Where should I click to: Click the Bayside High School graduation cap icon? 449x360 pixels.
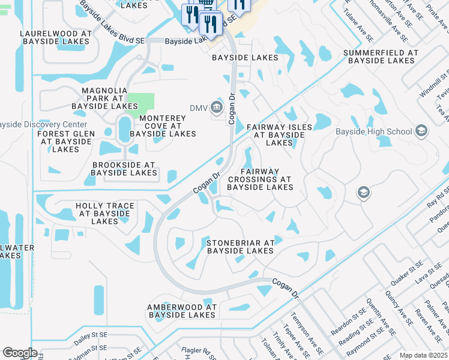click(421, 131)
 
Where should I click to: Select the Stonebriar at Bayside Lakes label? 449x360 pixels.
click(240, 247)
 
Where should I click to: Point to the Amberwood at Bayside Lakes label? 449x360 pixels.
click(181, 311)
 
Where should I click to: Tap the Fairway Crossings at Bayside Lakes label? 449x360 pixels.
click(260, 179)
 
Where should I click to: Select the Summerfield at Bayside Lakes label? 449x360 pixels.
click(381, 57)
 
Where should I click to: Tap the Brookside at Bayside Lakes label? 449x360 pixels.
click(124, 169)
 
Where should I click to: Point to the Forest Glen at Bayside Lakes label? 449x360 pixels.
click(65, 141)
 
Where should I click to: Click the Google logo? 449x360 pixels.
click(20, 353)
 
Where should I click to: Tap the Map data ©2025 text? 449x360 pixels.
click(423, 355)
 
